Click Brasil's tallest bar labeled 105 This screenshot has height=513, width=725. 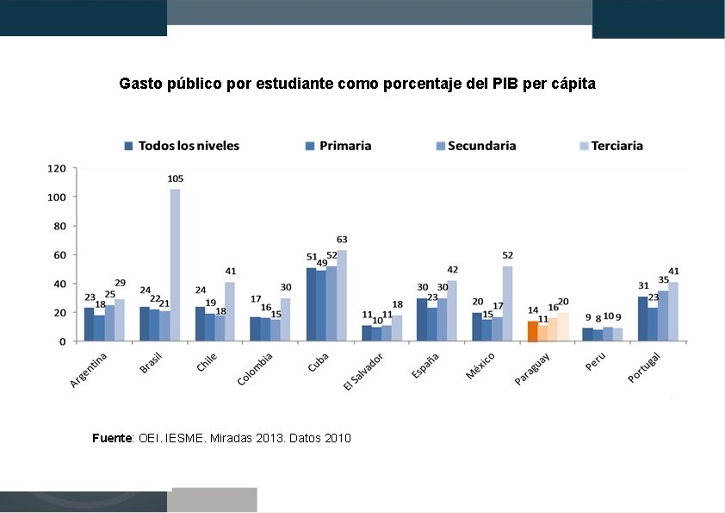(175, 265)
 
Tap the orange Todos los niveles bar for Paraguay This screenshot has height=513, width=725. (532, 331)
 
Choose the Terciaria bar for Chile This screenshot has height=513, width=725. (230, 311)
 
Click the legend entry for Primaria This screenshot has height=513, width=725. (338, 146)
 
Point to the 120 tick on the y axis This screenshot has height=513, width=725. (57, 168)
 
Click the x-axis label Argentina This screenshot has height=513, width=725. (90, 371)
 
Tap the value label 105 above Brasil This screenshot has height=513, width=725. (175, 178)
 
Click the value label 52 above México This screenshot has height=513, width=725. (507, 255)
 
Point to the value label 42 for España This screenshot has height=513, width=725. (452, 270)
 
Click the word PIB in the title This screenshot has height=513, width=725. (506, 84)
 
